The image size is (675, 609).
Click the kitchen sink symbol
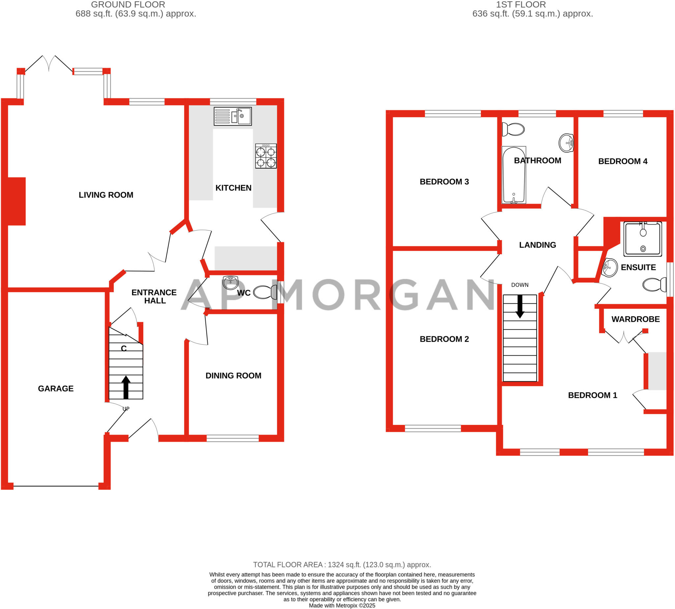233,117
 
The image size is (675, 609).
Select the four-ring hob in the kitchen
266,156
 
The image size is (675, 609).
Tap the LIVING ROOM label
106,195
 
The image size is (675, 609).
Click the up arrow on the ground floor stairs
126,387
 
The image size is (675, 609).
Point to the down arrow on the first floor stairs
520,306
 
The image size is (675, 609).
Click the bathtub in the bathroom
514,175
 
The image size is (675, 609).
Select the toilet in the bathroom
513,129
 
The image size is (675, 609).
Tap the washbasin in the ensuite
610,267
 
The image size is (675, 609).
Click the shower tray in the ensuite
642,239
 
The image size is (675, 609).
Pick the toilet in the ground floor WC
265,292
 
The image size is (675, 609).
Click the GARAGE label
56,388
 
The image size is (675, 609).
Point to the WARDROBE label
635,319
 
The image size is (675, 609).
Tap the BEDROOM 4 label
623,161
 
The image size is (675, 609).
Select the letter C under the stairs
124,349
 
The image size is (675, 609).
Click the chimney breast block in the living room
16,201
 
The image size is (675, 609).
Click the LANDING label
537,245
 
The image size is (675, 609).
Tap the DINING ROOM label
233,375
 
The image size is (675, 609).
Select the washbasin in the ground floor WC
230,282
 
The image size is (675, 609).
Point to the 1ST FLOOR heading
521,5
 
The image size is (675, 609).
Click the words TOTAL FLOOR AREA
288,565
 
